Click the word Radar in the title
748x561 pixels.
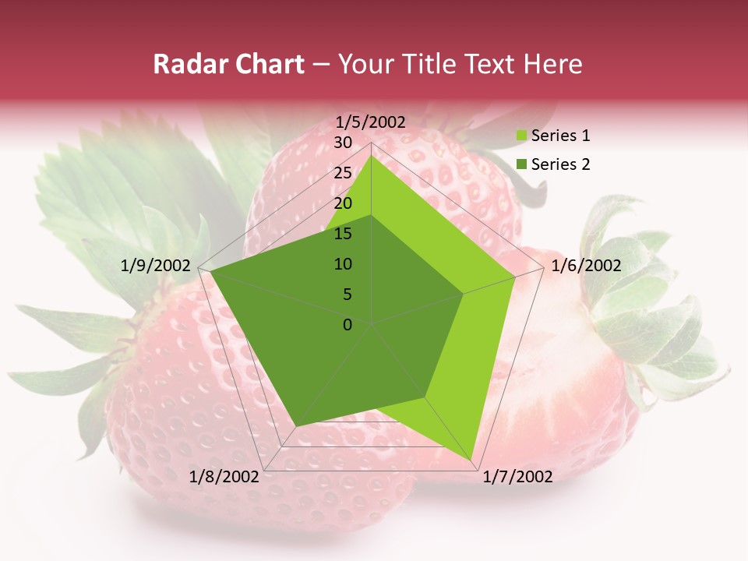click(x=185, y=65)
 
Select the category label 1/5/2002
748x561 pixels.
click(x=371, y=122)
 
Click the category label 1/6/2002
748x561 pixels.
click(x=586, y=266)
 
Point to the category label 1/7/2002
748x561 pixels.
click(x=517, y=477)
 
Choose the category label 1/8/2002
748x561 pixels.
click(x=224, y=477)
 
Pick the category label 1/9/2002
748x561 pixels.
click(x=156, y=266)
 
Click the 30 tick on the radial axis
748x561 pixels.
click(x=343, y=143)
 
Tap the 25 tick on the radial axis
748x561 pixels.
click(x=343, y=173)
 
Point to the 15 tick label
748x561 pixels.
click(x=343, y=234)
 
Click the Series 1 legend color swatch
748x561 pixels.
click(x=521, y=136)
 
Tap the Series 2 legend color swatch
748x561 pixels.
click(x=521, y=164)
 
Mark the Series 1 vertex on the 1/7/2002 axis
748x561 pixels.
click(x=472, y=459)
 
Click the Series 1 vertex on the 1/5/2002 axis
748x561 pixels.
click(x=372, y=155)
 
